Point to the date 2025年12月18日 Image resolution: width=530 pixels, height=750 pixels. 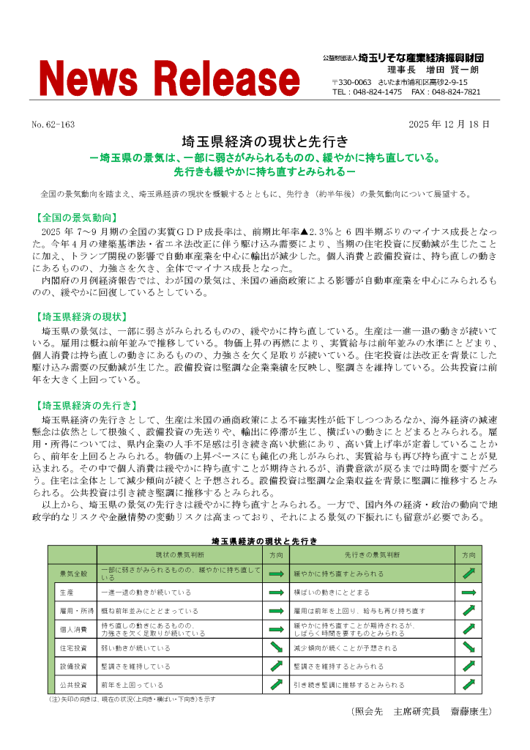[449, 125]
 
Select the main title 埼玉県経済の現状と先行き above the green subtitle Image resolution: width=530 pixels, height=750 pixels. [265, 141]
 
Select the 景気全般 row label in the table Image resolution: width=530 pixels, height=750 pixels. [72, 573]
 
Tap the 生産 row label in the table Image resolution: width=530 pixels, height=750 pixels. [67, 592]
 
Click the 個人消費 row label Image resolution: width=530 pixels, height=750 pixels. [73, 629]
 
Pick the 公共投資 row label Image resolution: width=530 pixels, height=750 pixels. [73, 685]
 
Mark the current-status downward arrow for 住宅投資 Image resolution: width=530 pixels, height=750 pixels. [276, 647]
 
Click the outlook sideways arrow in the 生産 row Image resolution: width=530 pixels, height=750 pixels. [469, 592]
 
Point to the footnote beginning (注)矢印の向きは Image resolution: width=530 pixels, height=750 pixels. [132, 699]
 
